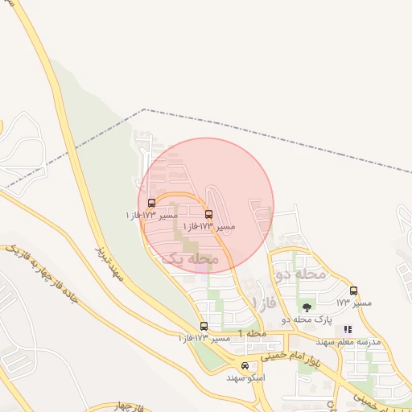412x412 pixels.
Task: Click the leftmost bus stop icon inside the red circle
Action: click(152, 203)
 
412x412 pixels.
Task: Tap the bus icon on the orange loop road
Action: click(209, 214)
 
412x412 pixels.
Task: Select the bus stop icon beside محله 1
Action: click(203, 326)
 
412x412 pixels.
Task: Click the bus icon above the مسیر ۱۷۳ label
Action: click(353, 290)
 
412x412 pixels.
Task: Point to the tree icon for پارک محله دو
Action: click(306, 307)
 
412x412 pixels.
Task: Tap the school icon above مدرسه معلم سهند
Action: click(348, 329)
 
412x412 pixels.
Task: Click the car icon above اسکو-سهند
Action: click(245, 365)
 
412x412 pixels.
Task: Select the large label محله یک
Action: click(190, 258)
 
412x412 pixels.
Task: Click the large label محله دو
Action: click(300, 274)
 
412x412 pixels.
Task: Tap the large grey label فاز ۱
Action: click(264, 303)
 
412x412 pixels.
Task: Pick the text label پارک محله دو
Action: click(307, 320)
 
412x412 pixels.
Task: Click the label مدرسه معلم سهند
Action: click(348, 341)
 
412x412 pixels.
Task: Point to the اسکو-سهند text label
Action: click(245, 377)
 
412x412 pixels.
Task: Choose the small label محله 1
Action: click(252, 333)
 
